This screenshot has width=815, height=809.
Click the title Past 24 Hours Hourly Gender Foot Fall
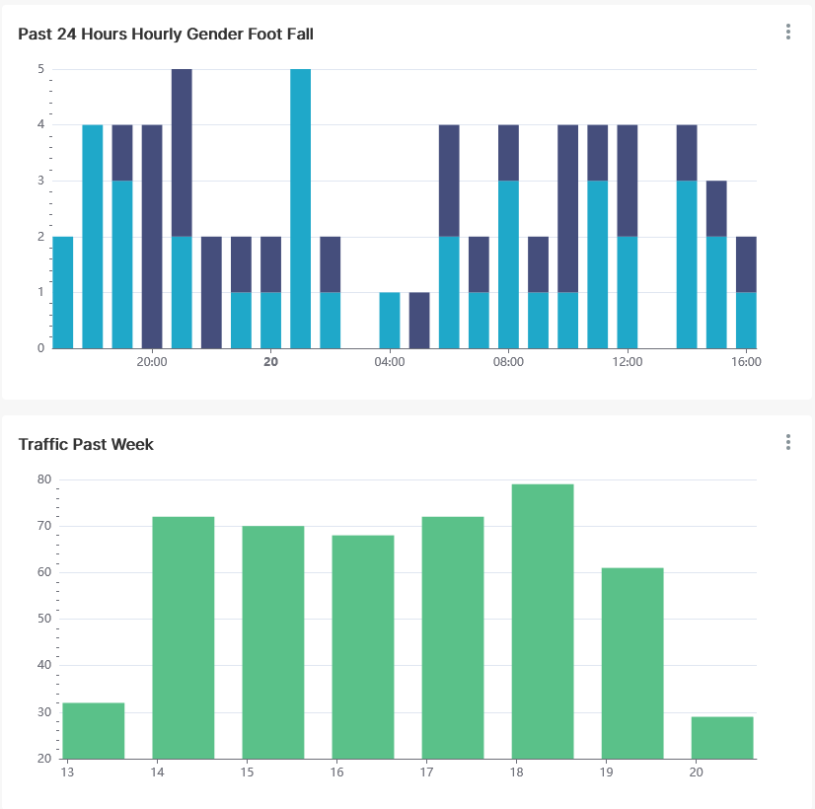[x=166, y=35]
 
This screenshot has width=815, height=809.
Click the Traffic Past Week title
[x=86, y=445]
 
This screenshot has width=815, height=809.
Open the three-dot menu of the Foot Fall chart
[x=788, y=32]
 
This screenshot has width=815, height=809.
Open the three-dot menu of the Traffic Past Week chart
[x=788, y=442]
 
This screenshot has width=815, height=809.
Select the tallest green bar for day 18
[x=543, y=622]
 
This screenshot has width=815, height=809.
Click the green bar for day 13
[x=94, y=731]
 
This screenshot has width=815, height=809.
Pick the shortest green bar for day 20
[x=722, y=738]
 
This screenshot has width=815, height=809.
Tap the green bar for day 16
[x=363, y=647]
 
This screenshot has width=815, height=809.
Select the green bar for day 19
[x=632, y=663]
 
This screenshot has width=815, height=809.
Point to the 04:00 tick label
[x=390, y=362]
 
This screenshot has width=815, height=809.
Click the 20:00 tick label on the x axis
[x=151, y=362]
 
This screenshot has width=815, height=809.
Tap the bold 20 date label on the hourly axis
[x=270, y=362]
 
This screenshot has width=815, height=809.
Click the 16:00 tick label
[x=746, y=362]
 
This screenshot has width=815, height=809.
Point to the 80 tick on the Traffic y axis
[x=44, y=479]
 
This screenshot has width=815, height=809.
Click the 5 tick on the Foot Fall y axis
[x=40, y=69]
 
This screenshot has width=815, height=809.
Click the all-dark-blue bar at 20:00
[x=152, y=237]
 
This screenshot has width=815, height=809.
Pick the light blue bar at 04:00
[x=390, y=321]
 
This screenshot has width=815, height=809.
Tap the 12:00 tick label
[x=628, y=362]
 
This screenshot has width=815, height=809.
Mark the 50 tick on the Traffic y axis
[x=44, y=619]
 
